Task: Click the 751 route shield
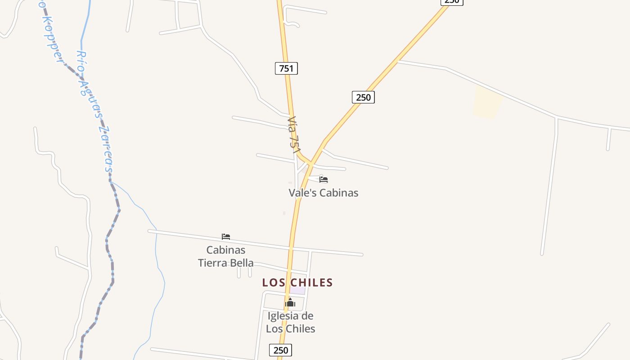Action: tap(286, 68)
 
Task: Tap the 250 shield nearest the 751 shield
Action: tap(363, 97)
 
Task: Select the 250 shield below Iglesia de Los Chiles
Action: tap(280, 350)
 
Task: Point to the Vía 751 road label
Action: tap(293, 135)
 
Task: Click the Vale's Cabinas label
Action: tap(323, 193)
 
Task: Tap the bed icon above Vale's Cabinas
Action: tap(324, 180)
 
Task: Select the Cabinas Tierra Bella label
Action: tap(226, 256)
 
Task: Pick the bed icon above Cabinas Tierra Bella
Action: tap(226, 237)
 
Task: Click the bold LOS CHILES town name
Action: tap(297, 283)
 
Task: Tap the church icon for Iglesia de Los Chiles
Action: tap(290, 302)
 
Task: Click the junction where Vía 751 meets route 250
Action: tap(310, 163)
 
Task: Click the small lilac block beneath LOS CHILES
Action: tap(297, 291)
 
